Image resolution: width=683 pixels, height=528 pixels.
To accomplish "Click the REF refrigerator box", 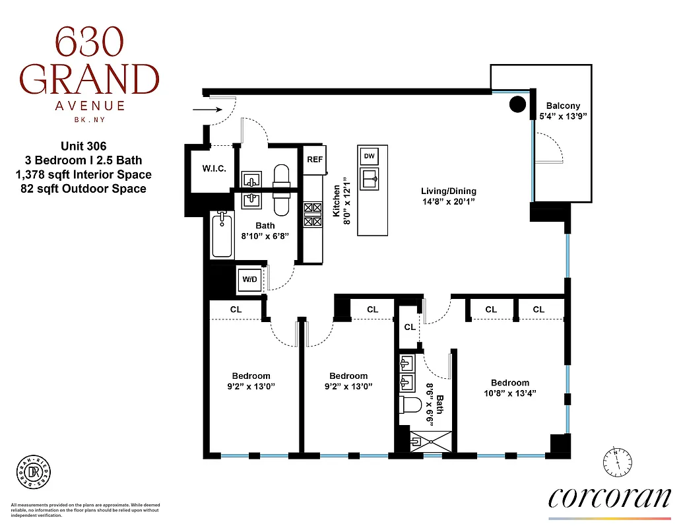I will pyautogui.click(x=314, y=159).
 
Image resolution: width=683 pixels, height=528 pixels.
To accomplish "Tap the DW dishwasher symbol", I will pyautogui.click(x=370, y=156).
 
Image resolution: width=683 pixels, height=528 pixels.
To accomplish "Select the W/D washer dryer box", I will pyautogui.click(x=250, y=280).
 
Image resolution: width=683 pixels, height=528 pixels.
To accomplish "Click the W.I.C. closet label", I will pyautogui.click(x=214, y=168).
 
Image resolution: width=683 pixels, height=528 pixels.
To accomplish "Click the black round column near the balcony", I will pyautogui.click(x=517, y=104).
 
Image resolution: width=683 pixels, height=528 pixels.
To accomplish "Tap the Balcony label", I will pyautogui.click(x=563, y=106).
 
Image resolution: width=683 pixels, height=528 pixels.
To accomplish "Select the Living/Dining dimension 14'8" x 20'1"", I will pyautogui.click(x=448, y=201).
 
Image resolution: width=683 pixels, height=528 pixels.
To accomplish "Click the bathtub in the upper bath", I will pyautogui.click(x=222, y=236).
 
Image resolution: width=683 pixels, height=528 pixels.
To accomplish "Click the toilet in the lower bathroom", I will pyautogui.click(x=412, y=404).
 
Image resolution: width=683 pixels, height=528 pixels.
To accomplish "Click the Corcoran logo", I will pyautogui.click(x=609, y=498).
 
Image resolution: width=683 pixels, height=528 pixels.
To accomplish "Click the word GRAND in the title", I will pyautogui.click(x=88, y=79).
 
